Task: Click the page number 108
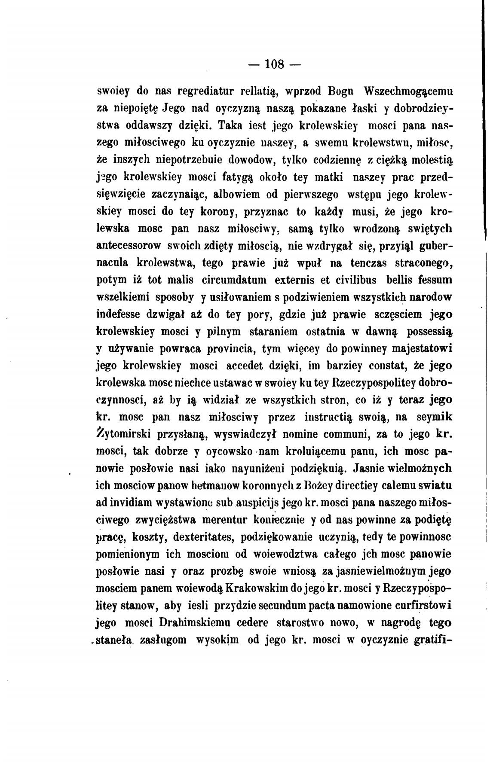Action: coord(275,64)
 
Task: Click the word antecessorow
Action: coord(129,246)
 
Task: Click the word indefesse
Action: coord(118,314)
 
